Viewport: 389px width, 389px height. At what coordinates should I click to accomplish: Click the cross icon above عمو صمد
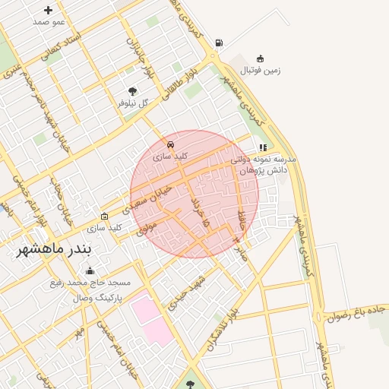49,11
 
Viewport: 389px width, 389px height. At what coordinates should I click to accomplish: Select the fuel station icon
219,43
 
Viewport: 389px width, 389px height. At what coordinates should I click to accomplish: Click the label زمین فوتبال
261,71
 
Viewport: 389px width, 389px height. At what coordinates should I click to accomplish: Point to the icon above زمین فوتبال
261,59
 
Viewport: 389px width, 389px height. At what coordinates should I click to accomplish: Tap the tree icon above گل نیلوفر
133,91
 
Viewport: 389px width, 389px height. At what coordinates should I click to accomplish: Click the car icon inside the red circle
171,144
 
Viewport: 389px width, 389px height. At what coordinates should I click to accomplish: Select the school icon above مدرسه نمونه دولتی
263,148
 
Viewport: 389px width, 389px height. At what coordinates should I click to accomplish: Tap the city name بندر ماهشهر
54,249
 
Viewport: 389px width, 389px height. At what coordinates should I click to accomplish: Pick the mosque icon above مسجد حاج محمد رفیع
90,270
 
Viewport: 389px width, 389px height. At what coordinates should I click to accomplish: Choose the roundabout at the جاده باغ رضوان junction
318,315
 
